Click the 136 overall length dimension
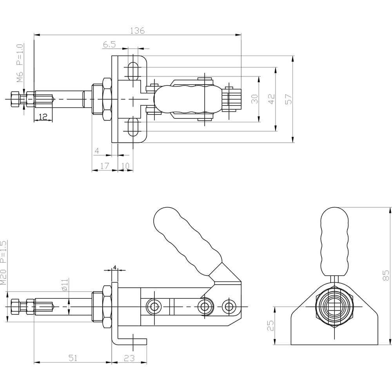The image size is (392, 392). point(137,31)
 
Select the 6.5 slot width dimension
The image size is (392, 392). point(109,45)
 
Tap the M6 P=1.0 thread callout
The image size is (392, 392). point(20,63)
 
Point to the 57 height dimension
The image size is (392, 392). point(289,99)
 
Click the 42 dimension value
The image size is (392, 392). point(272,99)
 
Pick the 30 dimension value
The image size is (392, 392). point(254,99)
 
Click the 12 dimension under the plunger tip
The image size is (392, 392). point(43,116)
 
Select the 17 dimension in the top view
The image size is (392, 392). point(105,166)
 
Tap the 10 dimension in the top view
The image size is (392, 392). point(125,166)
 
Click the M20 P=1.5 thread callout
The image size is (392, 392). point(3,263)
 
